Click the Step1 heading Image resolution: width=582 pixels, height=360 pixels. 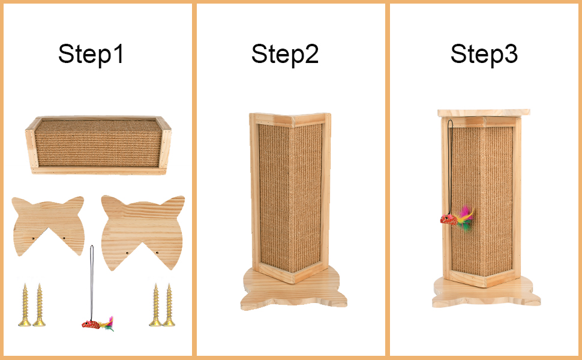click(x=91, y=54)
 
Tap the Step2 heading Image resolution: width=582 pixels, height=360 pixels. click(x=284, y=54)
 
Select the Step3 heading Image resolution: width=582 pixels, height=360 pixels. click(x=484, y=54)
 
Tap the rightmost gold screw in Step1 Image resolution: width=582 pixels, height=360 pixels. click(x=169, y=305)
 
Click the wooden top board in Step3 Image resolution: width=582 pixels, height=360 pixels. click(x=484, y=113)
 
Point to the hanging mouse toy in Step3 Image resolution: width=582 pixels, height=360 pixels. click(x=456, y=218)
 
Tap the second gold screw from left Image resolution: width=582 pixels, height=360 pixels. click(x=40, y=305)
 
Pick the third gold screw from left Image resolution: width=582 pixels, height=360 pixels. click(x=155, y=305)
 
